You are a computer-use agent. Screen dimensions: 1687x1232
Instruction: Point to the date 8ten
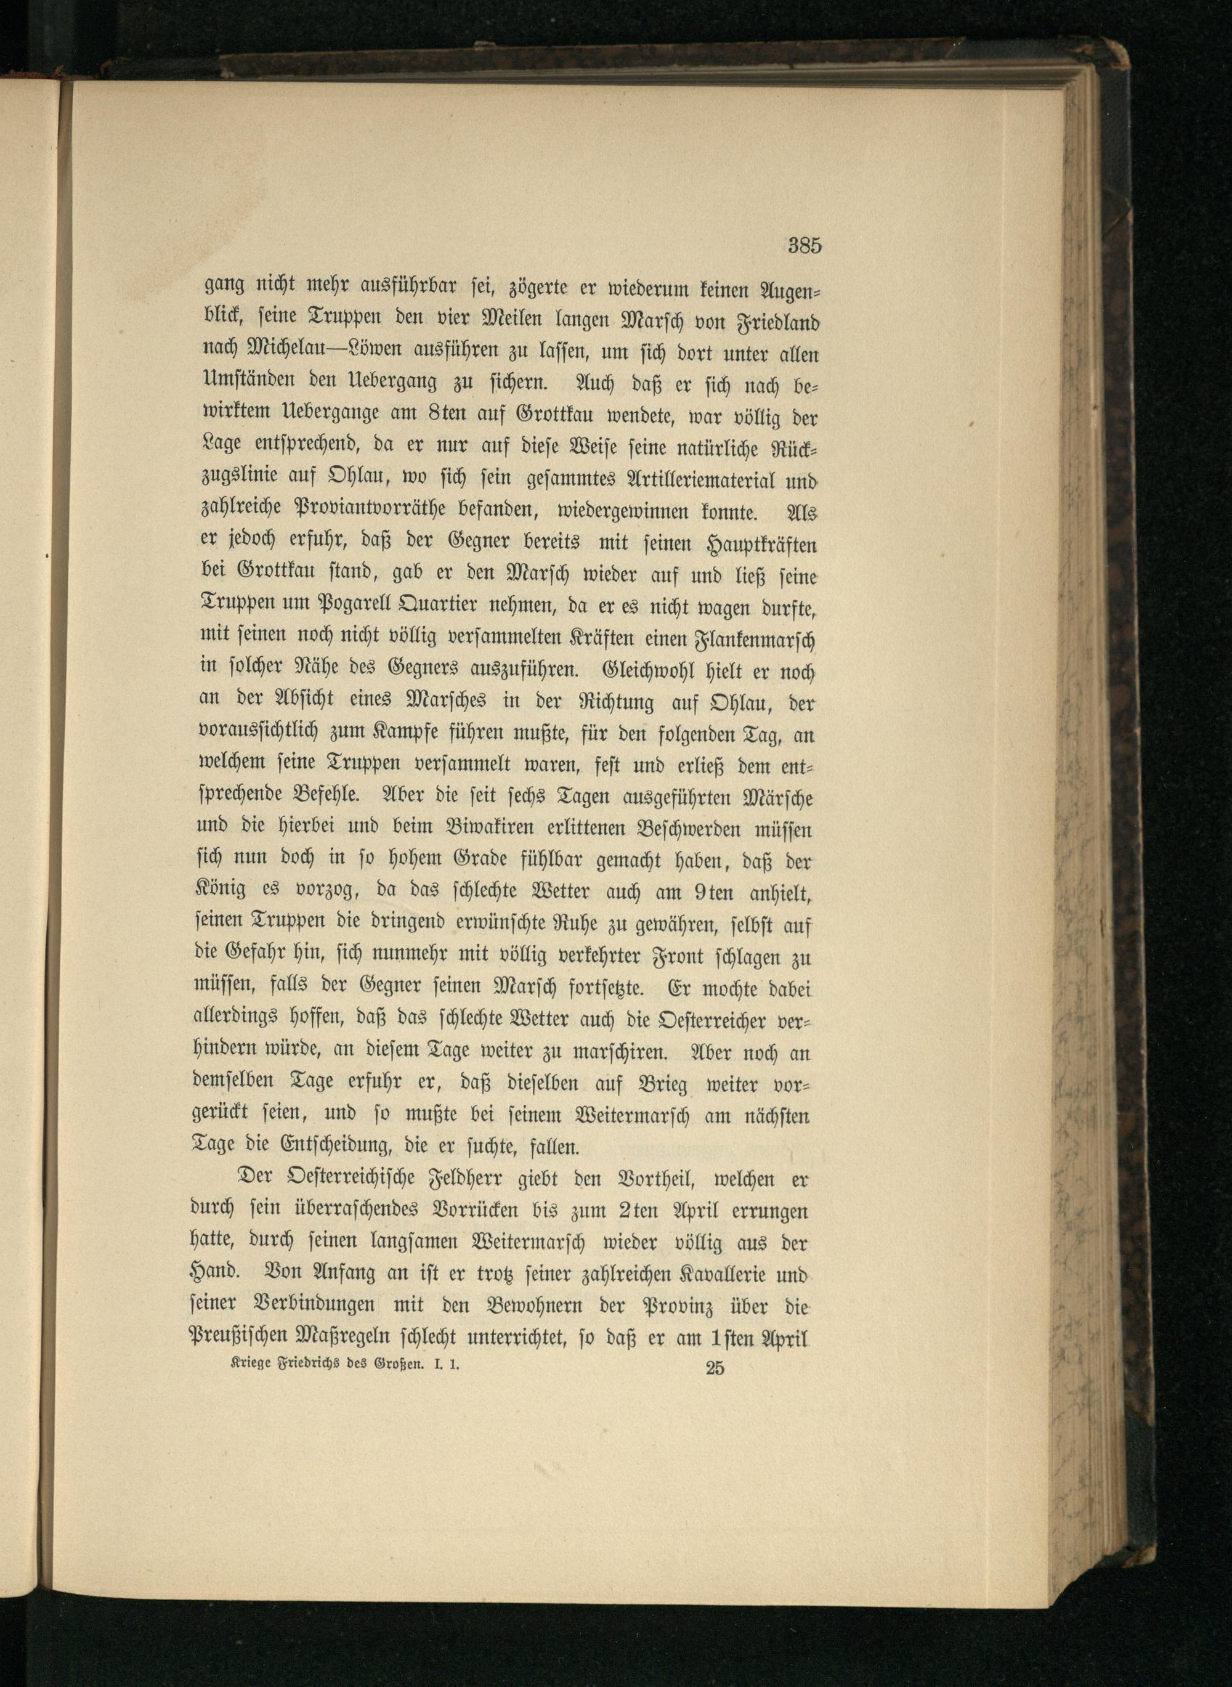[447, 415]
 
